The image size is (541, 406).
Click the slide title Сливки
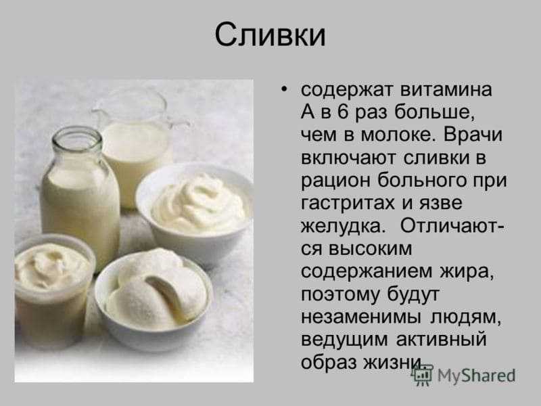click(270, 35)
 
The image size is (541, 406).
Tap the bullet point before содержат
click(284, 90)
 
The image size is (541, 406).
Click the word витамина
click(446, 89)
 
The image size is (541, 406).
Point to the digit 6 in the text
click(342, 112)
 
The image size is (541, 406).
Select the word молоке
click(397, 135)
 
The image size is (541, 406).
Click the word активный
click(442, 339)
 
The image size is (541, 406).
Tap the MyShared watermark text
click(477, 376)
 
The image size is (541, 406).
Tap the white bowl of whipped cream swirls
click(195, 210)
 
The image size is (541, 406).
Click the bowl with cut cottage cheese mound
click(154, 297)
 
